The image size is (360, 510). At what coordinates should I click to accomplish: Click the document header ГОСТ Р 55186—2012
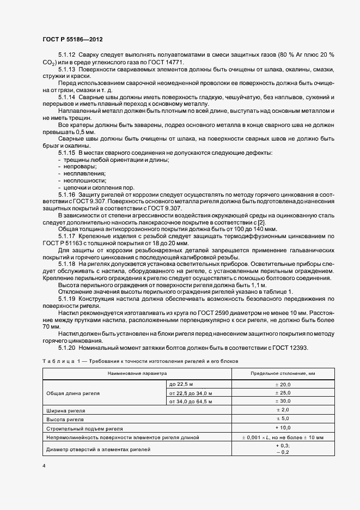point(72,39)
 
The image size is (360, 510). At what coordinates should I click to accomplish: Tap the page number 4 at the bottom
point(44,466)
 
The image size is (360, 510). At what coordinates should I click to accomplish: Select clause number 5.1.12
point(67,55)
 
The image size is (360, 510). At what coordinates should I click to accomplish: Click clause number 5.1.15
point(67,152)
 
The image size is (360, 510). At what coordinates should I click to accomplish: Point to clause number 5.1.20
point(67,347)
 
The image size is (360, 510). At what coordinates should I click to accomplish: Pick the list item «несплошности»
point(84,180)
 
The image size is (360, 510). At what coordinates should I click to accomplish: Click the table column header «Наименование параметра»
point(137,373)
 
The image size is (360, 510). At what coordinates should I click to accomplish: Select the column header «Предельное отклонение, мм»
point(283,373)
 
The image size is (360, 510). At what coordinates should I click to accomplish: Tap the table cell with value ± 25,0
point(283,392)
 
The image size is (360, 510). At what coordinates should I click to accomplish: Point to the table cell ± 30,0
point(283,401)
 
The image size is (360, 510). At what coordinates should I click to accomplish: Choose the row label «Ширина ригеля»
point(66,410)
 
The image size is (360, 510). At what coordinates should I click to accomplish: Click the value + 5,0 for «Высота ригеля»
point(283,419)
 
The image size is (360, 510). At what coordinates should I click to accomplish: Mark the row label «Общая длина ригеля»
point(74,392)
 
